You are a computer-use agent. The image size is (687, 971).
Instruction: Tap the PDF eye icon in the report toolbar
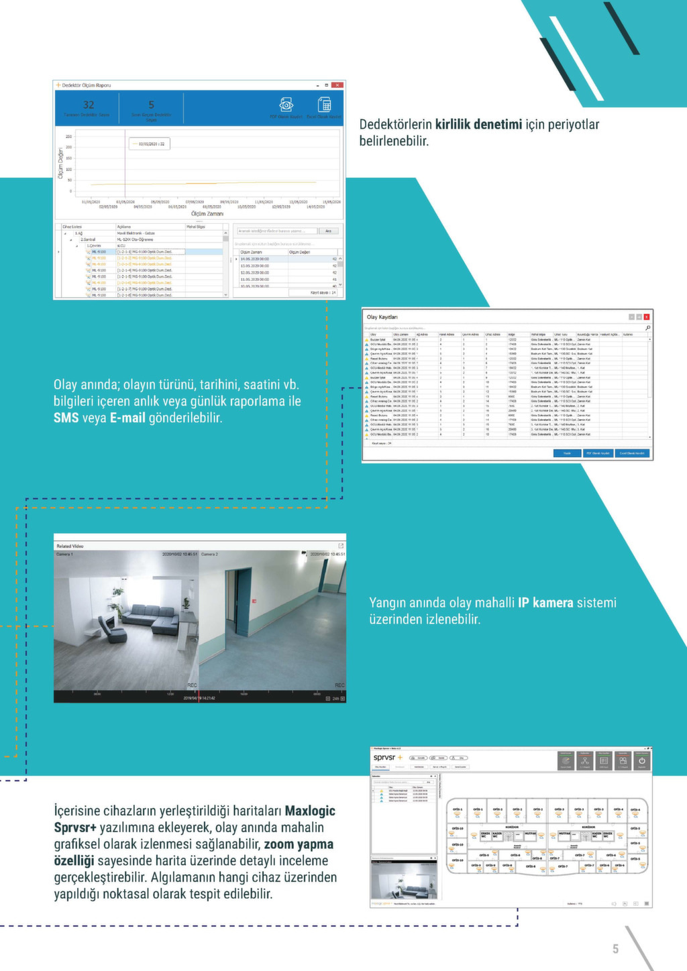[286, 105]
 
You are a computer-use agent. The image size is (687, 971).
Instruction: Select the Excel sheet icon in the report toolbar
[325, 105]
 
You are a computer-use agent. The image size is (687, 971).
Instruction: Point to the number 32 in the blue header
[89, 105]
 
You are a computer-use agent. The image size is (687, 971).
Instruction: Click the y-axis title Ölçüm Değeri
[60, 163]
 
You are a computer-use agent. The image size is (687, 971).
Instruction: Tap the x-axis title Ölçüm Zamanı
[207, 214]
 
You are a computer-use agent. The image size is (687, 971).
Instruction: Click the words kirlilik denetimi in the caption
[478, 124]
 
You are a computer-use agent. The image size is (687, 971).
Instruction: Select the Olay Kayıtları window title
[382, 317]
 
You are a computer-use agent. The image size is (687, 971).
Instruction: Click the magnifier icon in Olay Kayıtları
[647, 328]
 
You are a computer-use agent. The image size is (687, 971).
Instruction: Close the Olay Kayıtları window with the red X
[647, 317]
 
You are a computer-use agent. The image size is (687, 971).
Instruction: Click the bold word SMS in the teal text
[66, 418]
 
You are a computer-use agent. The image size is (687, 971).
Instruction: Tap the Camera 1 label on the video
[65, 555]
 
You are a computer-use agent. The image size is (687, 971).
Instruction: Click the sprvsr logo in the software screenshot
[385, 758]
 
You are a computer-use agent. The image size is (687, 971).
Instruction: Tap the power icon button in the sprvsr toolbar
[642, 761]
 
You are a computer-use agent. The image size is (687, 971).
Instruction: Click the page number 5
[615, 949]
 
